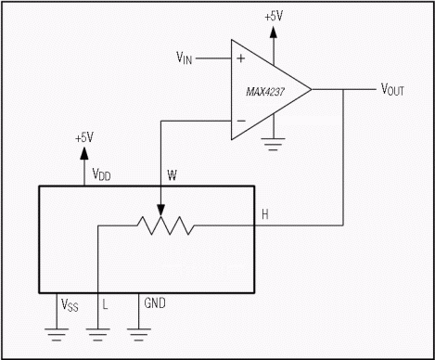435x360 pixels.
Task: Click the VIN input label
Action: pyautogui.click(x=185, y=58)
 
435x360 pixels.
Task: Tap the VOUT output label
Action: pyautogui.click(x=392, y=90)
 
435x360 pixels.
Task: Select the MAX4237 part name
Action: pyautogui.click(x=265, y=92)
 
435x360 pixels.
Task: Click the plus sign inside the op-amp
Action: pyautogui.click(x=240, y=58)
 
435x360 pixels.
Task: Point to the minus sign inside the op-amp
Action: pyautogui.click(x=241, y=121)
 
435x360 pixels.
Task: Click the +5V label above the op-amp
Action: pyautogui.click(x=274, y=16)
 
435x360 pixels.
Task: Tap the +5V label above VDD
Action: pyautogui.click(x=84, y=137)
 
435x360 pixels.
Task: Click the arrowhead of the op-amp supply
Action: pyautogui.click(x=274, y=32)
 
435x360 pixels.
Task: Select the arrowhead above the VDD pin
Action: pyautogui.click(x=84, y=153)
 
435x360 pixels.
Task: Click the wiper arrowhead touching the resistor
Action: pyautogui.click(x=160, y=210)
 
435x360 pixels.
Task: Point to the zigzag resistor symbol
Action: pyautogui.click(x=166, y=225)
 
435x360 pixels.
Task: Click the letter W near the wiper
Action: pyautogui.click(x=172, y=175)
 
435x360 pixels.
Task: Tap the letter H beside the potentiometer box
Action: pyautogui.click(x=265, y=214)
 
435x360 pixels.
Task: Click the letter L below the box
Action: pyautogui.click(x=105, y=304)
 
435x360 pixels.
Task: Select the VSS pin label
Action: pyautogui.click(x=70, y=305)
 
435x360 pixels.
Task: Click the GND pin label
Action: pyautogui.click(x=155, y=302)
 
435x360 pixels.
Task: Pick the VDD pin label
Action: pyautogui.click(x=101, y=174)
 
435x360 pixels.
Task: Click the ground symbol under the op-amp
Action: pyautogui.click(x=273, y=144)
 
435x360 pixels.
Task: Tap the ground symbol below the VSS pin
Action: pyautogui.click(x=57, y=335)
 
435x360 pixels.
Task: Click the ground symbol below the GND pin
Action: pyautogui.click(x=139, y=335)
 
